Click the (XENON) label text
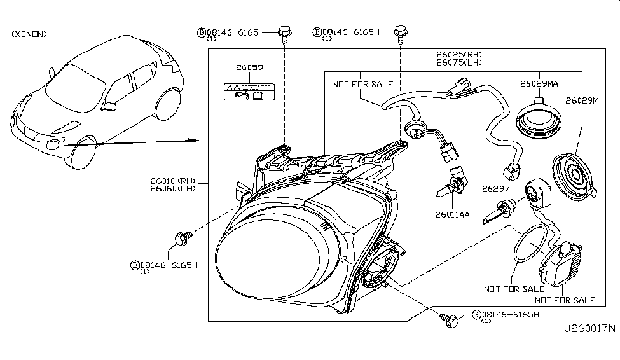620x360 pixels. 29,34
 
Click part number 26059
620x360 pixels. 250,67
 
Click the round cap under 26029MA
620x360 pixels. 539,121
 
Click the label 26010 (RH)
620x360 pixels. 171,180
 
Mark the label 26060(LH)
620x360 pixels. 171,188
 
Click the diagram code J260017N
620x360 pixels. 589,329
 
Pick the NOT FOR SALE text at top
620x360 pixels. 363,84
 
